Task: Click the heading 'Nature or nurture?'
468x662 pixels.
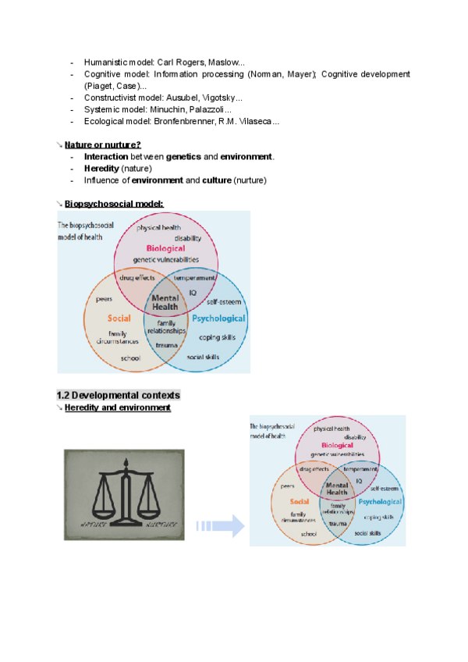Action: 103,145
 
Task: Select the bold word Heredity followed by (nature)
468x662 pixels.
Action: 101,169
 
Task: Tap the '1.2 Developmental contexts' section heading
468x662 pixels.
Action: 119,395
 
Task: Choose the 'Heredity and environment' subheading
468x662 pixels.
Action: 118,408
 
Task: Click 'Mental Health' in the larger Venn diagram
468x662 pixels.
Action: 165,302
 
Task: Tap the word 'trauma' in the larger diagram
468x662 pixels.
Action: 165,343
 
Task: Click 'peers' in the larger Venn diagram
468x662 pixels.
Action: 105,298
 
